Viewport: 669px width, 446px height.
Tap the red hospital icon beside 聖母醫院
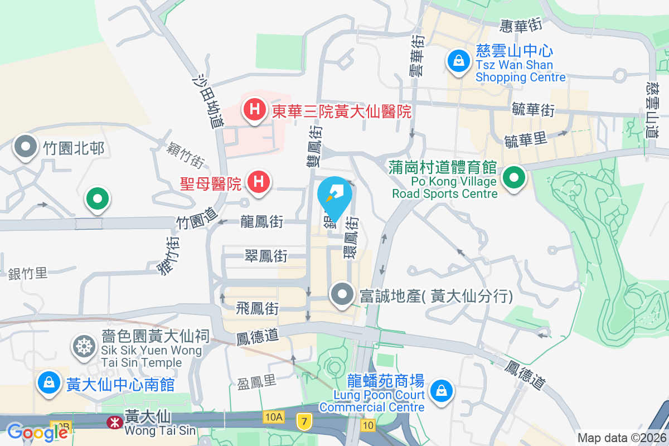(259, 182)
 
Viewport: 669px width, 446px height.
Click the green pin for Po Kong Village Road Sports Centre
(513, 178)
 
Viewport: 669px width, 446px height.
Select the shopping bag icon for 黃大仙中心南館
(49, 383)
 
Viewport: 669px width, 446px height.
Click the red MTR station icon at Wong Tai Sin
(114, 423)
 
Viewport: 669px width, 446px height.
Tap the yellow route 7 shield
(303, 421)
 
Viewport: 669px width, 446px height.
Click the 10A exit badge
(274, 417)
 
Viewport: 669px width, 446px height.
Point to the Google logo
(30, 432)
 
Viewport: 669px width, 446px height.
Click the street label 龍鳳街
(262, 222)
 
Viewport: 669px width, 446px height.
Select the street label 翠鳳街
(266, 256)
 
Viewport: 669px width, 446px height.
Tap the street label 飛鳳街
(257, 308)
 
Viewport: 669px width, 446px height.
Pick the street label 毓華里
(525, 139)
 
